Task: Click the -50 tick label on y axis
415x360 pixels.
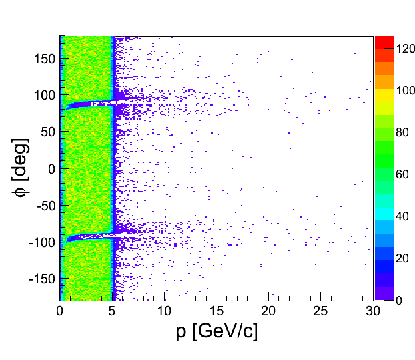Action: (x=44, y=206)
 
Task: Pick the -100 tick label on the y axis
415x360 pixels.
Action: (x=41, y=242)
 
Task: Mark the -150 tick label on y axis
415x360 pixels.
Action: (x=41, y=279)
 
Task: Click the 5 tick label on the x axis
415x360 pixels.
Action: (x=113, y=311)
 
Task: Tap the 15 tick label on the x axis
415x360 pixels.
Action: (x=216, y=311)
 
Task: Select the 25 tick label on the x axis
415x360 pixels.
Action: (x=321, y=311)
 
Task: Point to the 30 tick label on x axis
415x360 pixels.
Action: (x=373, y=311)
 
